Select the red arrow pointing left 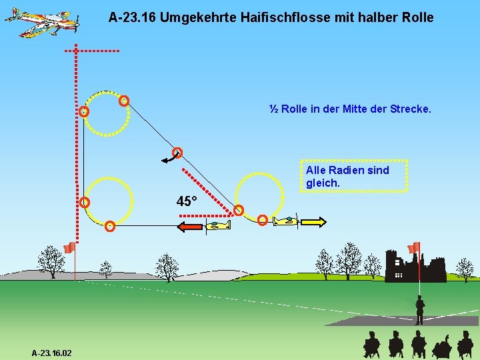189,227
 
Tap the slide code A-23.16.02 52,352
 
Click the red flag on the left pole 69,249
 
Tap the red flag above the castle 415,247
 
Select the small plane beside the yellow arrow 287,220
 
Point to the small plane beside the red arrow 217,227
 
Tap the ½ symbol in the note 273,108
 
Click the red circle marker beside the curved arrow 177,151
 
